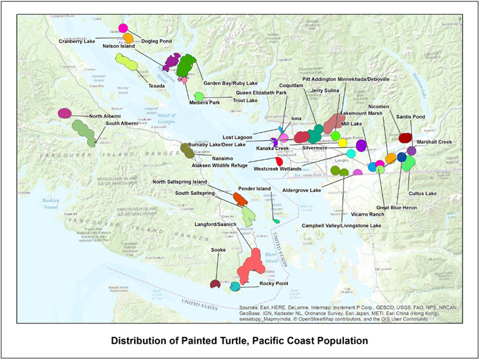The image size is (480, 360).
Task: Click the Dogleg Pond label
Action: click(157, 41)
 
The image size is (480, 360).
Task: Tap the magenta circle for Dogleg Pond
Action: click(123, 28)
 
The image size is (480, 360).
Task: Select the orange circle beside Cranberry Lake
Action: click(128, 39)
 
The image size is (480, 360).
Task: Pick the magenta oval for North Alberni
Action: click(64, 113)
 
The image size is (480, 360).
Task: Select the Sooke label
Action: click(218, 248)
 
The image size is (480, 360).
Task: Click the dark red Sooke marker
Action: click(215, 284)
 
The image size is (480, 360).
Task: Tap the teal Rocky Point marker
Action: click(235, 286)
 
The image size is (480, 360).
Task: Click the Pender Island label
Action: click(254, 189)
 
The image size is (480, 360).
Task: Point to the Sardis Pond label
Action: click(410, 117)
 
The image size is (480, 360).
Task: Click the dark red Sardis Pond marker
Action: click(405, 137)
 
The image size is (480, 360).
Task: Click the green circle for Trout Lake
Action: click(199, 97)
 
